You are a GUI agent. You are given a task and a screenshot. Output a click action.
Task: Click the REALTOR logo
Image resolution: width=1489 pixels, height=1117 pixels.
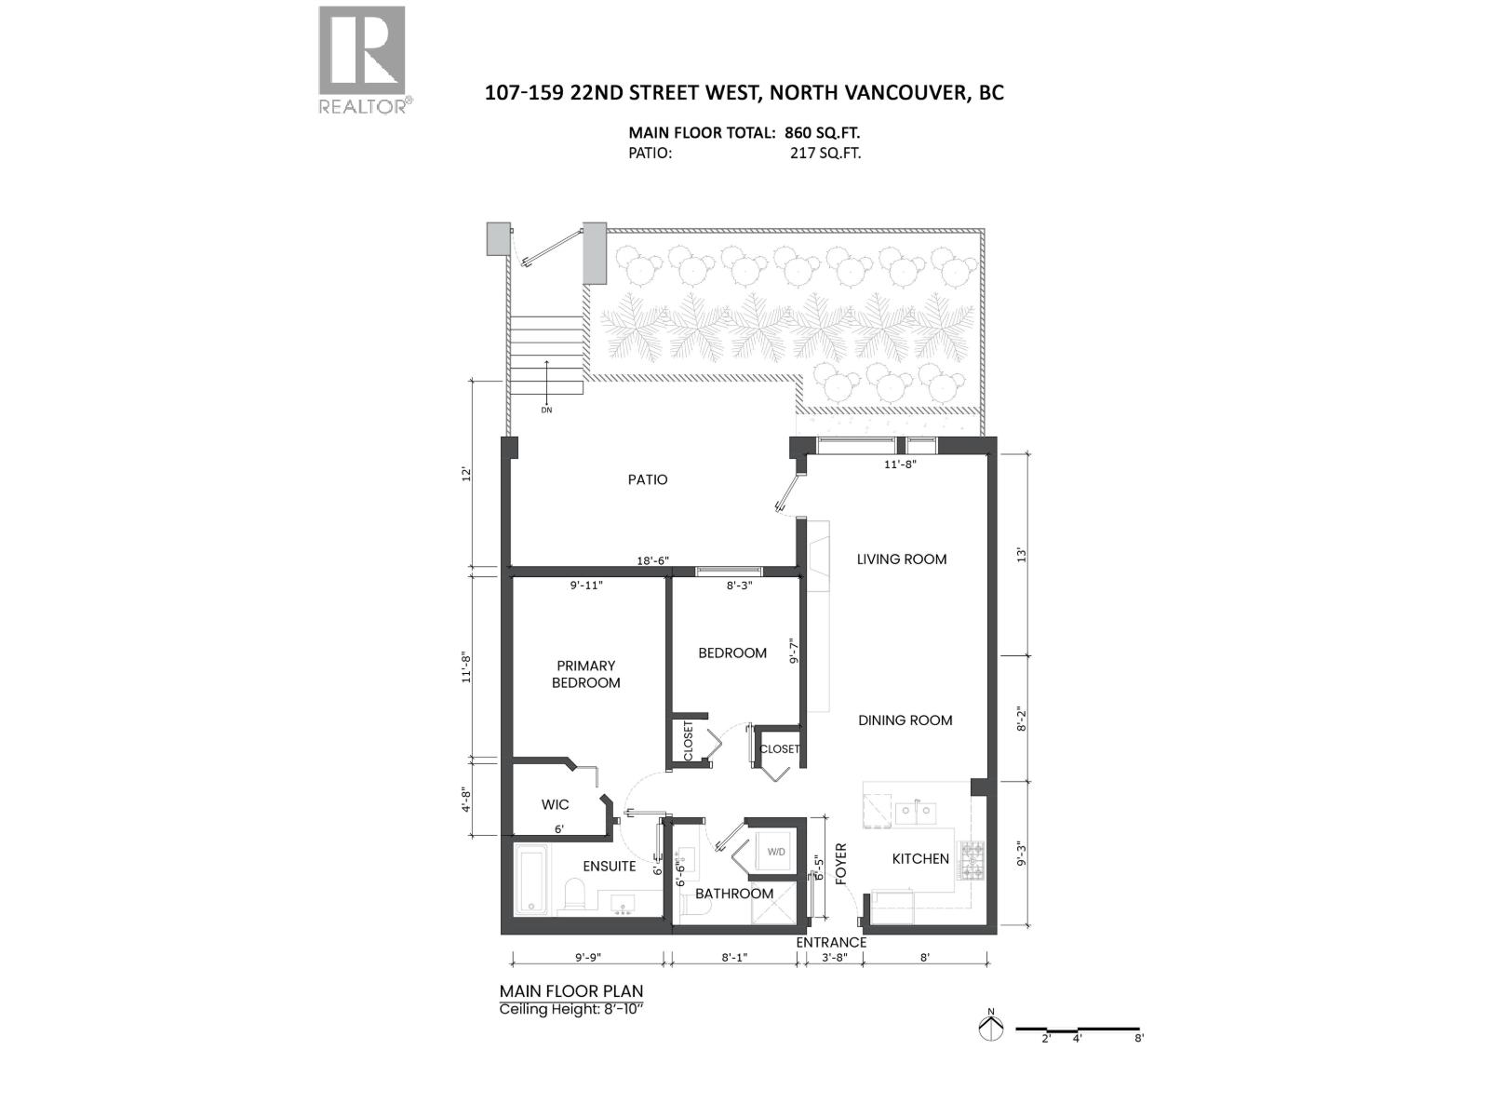pyautogui.click(x=362, y=59)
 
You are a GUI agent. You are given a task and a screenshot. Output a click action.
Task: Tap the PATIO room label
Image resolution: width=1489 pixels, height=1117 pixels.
pyautogui.click(x=647, y=479)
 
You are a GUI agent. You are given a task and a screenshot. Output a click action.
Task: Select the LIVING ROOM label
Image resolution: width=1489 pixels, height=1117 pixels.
pyautogui.click(x=901, y=558)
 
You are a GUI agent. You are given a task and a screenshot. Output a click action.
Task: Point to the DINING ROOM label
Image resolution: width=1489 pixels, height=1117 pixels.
pyautogui.click(x=905, y=720)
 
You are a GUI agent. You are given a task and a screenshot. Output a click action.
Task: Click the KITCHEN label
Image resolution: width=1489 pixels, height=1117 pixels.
pyautogui.click(x=919, y=858)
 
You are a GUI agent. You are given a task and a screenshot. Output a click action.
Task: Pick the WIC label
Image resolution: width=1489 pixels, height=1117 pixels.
pyautogui.click(x=555, y=804)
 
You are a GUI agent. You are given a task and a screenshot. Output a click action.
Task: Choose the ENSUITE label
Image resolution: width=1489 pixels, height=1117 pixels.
pyautogui.click(x=610, y=866)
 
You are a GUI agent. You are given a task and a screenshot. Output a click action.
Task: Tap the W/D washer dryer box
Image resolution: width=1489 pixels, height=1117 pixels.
pyautogui.click(x=776, y=852)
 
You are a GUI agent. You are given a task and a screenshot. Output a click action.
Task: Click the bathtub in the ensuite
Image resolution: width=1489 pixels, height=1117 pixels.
pyautogui.click(x=531, y=880)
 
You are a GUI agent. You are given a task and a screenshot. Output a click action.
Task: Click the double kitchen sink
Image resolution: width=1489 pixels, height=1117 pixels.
pyautogui.click(x=915, y=812)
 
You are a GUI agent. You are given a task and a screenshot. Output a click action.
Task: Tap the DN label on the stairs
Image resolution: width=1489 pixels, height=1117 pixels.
pyautogui.click(x=546, y=410)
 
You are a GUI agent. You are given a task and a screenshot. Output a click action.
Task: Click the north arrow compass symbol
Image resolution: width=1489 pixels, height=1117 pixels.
pyautogui.click(x=991, y=1028)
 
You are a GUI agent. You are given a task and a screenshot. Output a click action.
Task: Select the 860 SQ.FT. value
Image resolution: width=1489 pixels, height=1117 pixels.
pyautogui.click(x=815, y=133)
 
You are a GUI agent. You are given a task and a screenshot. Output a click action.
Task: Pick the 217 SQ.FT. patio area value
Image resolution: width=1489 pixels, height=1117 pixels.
pyautogui.click(x=825, y=153)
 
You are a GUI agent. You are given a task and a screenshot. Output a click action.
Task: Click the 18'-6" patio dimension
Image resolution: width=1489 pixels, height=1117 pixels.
pyautogui.click(x=652, y=560)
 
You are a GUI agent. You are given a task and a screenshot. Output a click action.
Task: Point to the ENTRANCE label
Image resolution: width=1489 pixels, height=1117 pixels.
pyautogui.click(x=831, y=942)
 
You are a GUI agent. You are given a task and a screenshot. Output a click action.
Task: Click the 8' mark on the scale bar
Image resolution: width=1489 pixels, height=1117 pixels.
pyautogui.click(x=1138, y=1038)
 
